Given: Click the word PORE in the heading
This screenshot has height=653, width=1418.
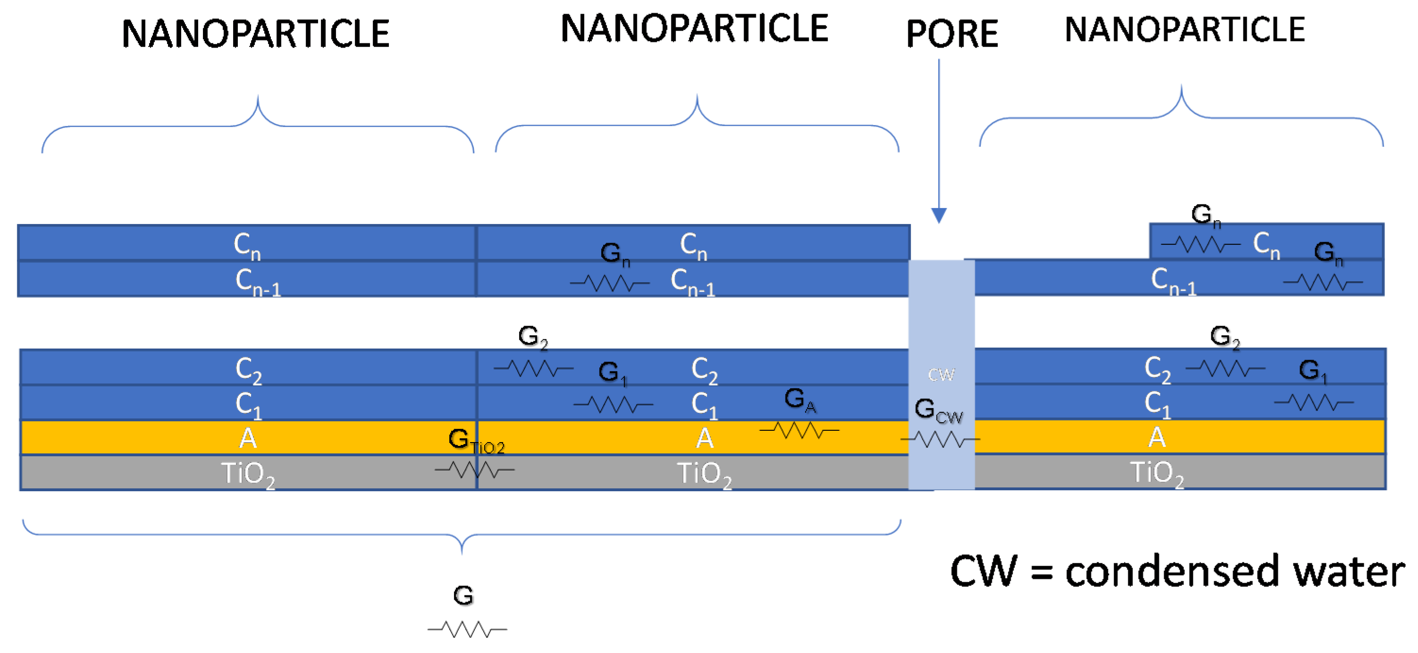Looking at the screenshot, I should click(952, 34).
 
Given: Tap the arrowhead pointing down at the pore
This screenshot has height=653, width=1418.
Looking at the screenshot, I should click(939, 215).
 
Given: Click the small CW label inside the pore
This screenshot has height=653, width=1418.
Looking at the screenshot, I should click(941, 375).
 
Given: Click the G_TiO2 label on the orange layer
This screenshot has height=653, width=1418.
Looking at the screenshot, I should click(475, 441).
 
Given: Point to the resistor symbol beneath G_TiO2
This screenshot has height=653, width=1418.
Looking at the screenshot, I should click(475, 469).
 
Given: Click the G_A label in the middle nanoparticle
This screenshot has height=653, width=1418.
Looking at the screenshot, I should click(799, 400).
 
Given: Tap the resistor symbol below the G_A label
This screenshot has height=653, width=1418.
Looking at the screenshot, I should click(799, 429).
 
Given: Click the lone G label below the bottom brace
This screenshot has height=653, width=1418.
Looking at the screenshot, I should click(463, 595).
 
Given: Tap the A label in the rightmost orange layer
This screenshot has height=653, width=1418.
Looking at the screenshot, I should click(1157, 438).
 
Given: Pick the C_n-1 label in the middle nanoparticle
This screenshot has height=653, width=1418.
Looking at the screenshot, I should click(693, 282).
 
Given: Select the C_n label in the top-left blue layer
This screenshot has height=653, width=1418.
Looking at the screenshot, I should click(247, 245).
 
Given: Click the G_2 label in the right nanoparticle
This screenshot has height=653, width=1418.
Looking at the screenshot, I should click(1224, 336).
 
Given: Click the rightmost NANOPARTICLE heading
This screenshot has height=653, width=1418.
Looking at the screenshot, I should click(1184, 30).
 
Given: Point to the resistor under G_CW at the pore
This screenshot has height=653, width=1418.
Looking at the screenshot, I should click(940, 439).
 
